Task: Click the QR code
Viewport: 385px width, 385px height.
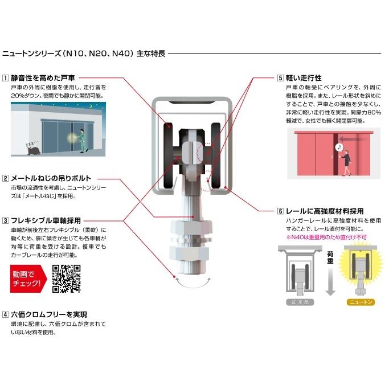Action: pos(66,278)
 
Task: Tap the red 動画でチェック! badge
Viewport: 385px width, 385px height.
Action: pos(27,278)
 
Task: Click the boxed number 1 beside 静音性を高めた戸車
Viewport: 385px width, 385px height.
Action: pos(5,77)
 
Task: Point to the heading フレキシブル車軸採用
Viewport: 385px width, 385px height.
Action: pos(46,220)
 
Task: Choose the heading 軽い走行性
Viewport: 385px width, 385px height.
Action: pos(304,77)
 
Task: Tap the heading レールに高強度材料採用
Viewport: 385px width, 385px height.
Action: pos(325,211)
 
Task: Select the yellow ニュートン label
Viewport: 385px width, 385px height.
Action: pos(360,302)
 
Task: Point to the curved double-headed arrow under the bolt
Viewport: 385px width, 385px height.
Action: pos(192,281)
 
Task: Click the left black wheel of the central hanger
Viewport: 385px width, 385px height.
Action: pos(169,154)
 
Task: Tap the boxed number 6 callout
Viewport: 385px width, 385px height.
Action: pos(281,211)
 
